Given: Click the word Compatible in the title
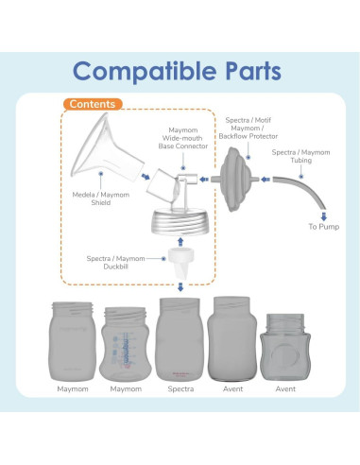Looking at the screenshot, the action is (145, 72).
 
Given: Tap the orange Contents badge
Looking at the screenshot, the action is (93, 104).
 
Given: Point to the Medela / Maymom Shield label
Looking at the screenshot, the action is (101, 198).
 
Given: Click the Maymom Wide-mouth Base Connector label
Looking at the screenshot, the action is (183, 138).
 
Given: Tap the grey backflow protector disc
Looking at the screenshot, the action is (235, 179).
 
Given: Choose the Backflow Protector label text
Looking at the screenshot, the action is (249, 136).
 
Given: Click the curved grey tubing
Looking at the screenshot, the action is (302, 190).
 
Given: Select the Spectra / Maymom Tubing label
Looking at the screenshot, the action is (300, 156).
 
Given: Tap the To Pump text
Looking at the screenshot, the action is (324, 227).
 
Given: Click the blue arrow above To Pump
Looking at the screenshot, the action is (324, 215).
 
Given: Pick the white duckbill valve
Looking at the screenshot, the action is (180, 263).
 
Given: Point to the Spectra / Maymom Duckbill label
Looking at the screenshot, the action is (115, 263).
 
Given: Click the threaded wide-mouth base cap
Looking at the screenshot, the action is (180, 222).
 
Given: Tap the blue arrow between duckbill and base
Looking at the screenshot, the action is (180, 242).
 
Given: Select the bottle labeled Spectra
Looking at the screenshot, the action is (180, 339).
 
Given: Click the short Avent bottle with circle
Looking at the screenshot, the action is (285, 347).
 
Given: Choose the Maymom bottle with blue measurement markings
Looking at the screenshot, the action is (126, 344).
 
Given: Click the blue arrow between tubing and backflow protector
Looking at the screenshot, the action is (266, 180).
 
